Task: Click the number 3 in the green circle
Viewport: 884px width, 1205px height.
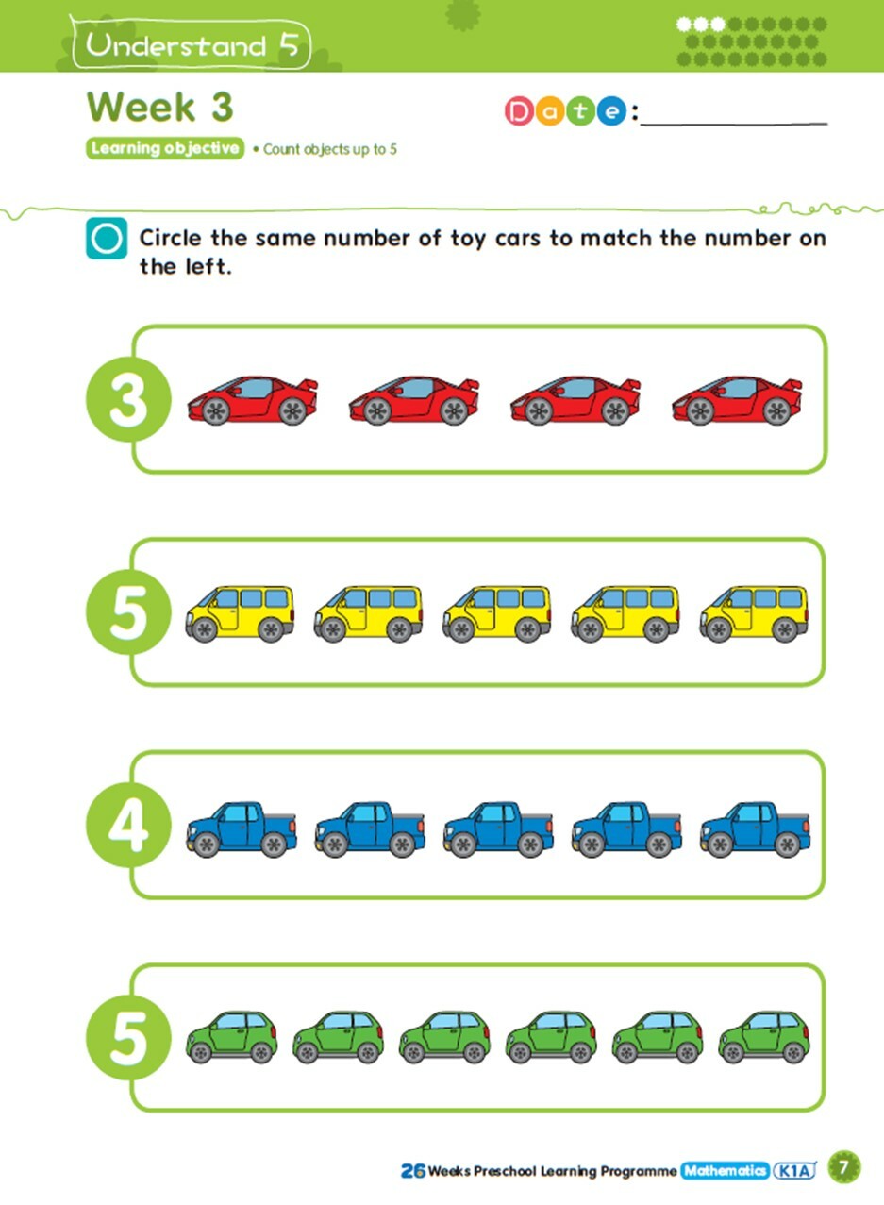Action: click(x=128, y=400)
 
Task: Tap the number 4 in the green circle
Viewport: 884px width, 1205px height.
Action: click(x=128, y=828)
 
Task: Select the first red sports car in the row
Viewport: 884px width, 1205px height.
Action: click(x=252, y=400)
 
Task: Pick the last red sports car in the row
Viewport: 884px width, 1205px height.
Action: click(x=737, y=400)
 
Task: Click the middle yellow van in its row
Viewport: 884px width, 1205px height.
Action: click(x=497, y=613)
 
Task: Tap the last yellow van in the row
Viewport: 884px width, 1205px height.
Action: click(x=754, y=613)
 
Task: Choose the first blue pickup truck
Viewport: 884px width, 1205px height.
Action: click(x=242, y=829)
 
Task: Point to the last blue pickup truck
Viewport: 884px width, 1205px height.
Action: click(x=755, y=829)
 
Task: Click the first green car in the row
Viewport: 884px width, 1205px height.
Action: click(x=232, y=1038)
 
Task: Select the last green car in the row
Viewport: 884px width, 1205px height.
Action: click(x=764, y=1038)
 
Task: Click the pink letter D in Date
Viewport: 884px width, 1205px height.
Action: click(x=520, y=111)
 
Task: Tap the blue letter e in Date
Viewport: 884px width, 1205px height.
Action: click(x=612, y=111)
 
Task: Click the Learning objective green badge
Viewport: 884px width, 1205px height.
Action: click(x=165, y=148)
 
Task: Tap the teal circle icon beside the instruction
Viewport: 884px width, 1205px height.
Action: click(x=107, y=239)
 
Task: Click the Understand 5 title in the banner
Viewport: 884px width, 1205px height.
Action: click(x=192, y=45)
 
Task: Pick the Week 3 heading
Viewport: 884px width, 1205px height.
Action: click(x=160, y=107)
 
